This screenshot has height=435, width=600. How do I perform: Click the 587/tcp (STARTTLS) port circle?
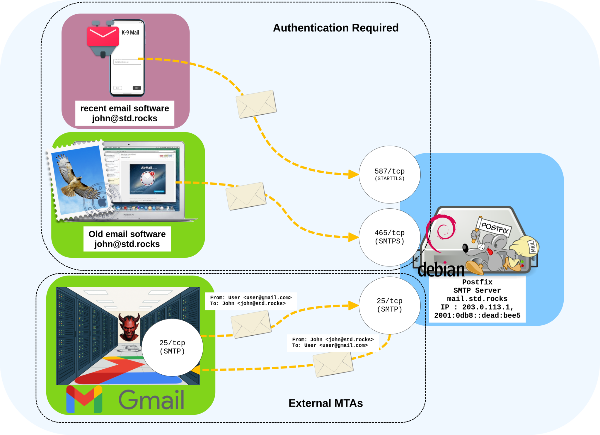click(389, 174)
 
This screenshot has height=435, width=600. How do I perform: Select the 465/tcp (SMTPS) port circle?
click(389, 237)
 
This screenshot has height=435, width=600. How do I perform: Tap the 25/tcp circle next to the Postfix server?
click(389, 305)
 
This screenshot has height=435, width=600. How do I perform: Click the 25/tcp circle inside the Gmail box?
click(172, 347)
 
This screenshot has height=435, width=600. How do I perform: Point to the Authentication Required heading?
click(335, 28)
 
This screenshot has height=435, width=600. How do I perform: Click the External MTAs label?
click(325, 403)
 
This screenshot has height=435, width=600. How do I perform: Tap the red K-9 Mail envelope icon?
click(103, 36)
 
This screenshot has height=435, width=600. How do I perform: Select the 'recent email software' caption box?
click(125, 113)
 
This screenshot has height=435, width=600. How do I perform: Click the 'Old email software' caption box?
click(127, 239)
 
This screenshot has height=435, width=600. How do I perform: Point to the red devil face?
click(129, 327)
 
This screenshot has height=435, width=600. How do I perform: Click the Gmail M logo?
click(84, 399)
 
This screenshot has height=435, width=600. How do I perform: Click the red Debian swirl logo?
click(442, 232)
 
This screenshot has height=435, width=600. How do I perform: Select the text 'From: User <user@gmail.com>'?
click(251, 298)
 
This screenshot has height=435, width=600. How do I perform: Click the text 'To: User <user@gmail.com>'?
click(330, 345)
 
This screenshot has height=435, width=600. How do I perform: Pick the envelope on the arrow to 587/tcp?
click(256, 104)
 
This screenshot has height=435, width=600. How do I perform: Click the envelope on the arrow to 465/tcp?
click(246, 196)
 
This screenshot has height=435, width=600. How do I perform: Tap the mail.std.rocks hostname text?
click(477, 299)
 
